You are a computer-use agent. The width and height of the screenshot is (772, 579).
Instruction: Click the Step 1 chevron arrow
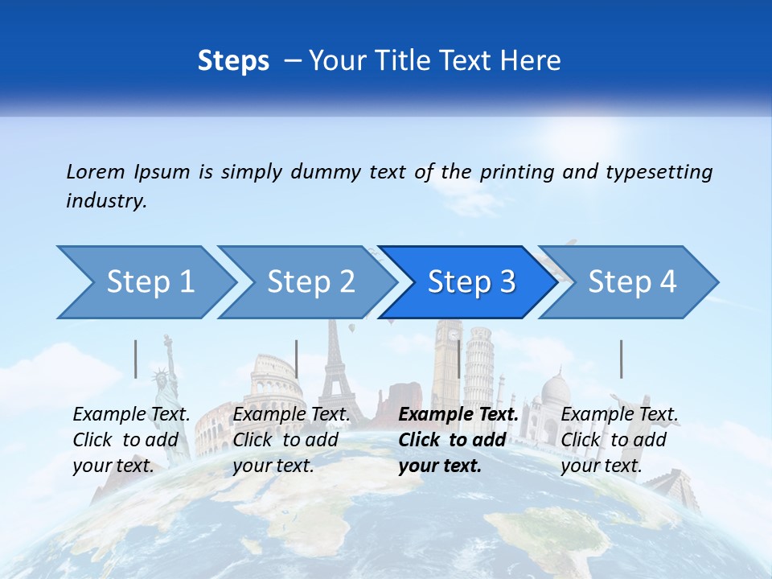pyautogui.click(x=145, y=282)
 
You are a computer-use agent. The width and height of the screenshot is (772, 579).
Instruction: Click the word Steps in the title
pyautogui.click(x=233, y=61)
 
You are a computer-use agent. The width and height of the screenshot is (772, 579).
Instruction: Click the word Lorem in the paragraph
pyautogui.click(x=96, y=171)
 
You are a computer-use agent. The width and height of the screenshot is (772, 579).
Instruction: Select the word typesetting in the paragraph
pyautogui.click(x=659, y=172)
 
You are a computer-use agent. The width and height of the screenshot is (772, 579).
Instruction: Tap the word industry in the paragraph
pyautogui.click(x=105, y=201)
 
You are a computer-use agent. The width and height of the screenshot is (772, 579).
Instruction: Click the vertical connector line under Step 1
pyautogui.click(x=136, y=359)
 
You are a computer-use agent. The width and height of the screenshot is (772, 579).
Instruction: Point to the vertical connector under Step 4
pyautogui.click(x=622, y=359)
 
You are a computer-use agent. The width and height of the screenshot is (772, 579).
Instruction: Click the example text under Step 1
pyautogui.click(x=132, y=440)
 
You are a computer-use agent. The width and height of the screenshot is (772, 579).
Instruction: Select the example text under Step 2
pyautogui.click(x=291, y=440)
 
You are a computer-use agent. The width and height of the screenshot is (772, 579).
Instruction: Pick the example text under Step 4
pyautogui.click(x=619, y=440)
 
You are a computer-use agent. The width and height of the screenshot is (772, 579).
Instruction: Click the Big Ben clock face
pyautogui.click(x=454, y=333)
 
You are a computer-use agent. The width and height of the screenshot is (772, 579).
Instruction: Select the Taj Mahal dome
pyautogui.click(x=555, y=390)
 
